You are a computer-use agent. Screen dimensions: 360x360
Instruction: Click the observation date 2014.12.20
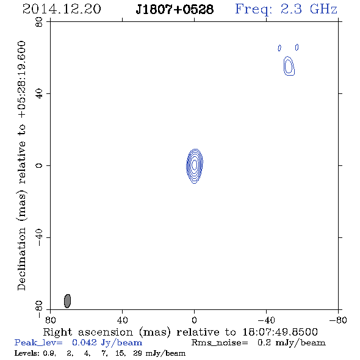pos(62,9)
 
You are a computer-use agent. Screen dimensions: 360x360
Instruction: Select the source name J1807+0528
pos(175,10)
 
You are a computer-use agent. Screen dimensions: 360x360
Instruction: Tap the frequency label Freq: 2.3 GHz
pos(286,10)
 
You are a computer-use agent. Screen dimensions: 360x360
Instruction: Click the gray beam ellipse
pos(67,301)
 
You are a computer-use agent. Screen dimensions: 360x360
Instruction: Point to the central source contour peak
pos(195,165)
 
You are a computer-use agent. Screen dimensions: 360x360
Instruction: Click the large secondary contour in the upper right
pos(289,66)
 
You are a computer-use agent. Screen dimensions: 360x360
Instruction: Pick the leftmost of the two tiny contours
pos(279,48)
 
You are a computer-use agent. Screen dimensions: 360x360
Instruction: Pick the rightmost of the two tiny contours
pos(297,47)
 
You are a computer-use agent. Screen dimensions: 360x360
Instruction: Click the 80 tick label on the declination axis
pos(39,22)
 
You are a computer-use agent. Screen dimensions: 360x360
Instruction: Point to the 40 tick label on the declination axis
pos(39,94)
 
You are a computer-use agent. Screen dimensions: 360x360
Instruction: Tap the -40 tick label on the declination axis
pos(39,237)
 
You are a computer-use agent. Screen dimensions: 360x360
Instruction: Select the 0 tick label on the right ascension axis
pos(194,320)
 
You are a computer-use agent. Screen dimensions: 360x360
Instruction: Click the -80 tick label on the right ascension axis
pos(338,320)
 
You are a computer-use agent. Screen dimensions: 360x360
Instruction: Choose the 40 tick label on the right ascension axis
pos(122,320)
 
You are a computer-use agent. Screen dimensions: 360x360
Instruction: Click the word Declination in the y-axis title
pos(21,259)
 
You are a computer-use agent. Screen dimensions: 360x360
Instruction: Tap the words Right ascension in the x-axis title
pos(88,332)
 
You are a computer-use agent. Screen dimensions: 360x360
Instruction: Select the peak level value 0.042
pos(84,342)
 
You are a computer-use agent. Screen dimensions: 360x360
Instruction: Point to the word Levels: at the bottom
pos(27,353)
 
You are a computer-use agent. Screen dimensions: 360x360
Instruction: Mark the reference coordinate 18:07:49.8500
pos(280,332)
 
